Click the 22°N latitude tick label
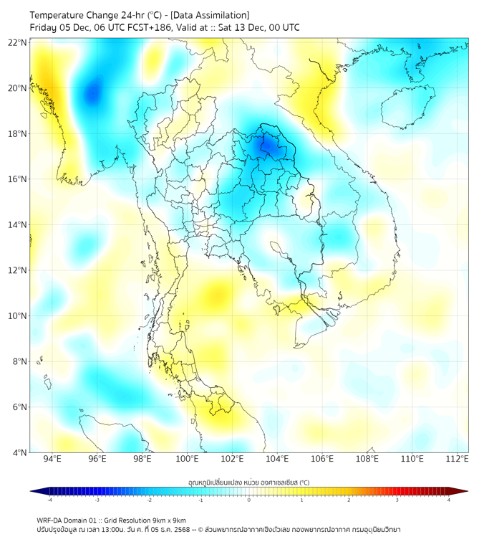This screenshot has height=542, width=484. pyautogui.click(x=18, y=43)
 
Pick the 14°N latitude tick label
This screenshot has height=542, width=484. pyautogui.click(x=18, y=225)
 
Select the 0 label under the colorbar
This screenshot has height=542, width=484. pyautogui.click(x=249, y=500)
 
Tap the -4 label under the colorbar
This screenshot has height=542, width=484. pyautogui.click(x=49, y=500)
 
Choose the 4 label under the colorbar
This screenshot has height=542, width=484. pyautogui.click(x=449, y=500)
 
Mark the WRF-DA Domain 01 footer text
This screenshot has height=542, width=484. pyautogui.click(x=75, y=520)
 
